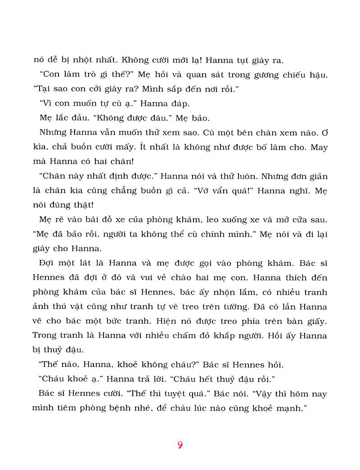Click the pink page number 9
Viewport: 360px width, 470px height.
point(180,445)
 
